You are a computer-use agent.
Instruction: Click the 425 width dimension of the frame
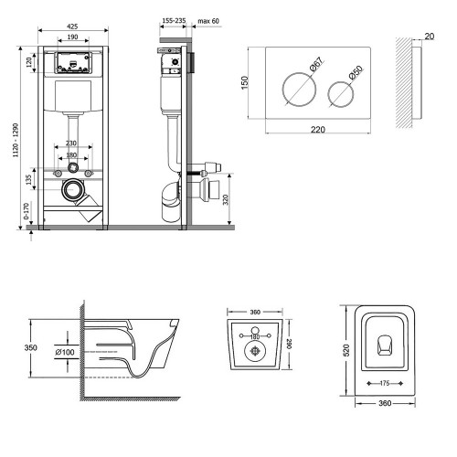(x=72, y=27)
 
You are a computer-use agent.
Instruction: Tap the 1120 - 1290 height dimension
(x=16, y=140)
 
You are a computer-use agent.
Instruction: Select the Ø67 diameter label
(x=316, y=64)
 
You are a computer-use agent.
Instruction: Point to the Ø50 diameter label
(x=356, y=73)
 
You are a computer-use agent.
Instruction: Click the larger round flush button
(x=299, y=90)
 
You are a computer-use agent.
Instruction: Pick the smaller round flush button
(x=341, y=94)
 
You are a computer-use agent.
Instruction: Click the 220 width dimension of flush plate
(x=318, y=130)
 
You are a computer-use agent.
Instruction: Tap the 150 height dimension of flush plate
(x=245, y=83)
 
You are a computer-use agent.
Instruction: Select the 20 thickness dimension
(x=429, y=37)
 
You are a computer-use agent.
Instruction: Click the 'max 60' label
(x=208, y=21)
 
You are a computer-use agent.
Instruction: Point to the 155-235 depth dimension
(x=174, y=21)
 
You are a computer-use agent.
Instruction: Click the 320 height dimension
(x=226, y=200)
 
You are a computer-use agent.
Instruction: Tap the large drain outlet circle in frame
(x=72, y=189)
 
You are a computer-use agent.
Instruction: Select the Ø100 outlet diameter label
(x=65, y=352)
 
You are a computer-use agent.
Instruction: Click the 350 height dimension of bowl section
(x=31, y=347)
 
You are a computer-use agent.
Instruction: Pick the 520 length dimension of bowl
(x=346, y=350)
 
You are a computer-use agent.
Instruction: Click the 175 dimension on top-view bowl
(x=385, y=383)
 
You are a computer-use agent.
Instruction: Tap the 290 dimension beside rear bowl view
(x=289, y=344)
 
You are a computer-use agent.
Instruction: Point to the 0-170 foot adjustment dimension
(x=27, y=211)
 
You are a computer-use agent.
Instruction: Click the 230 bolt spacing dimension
(x=71, y=143)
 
